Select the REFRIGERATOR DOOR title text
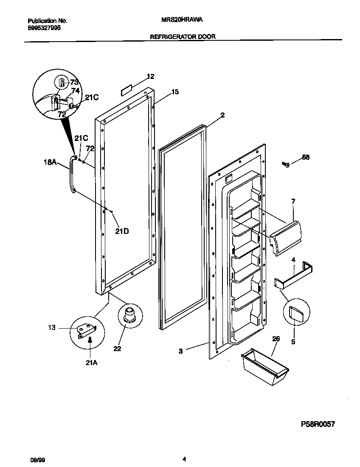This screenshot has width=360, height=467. click(183, 37)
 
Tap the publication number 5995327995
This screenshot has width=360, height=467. click(43, 27)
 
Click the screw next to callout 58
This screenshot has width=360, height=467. click(286, 164)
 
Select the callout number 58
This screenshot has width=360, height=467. click(305, 157)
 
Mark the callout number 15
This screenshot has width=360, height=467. click(175, 92)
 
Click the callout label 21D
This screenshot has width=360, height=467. click(122, 231)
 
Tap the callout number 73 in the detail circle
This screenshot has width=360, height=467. click(74, 82)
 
